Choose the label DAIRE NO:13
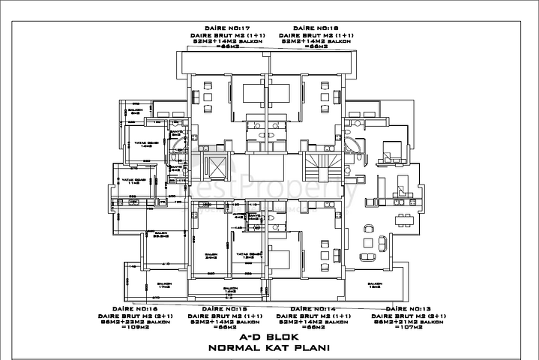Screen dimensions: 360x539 (x=409, y=309)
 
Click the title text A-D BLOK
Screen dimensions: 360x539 (x=269, y=337)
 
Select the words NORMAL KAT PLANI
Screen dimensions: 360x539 (x=269, y=349)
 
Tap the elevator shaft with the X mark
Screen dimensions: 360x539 (x=217, y=166)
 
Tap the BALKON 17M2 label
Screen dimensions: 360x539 (x=162, y=283)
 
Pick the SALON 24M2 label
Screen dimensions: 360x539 (x=211, y=256)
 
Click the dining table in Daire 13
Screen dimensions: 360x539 (x=403, y=217)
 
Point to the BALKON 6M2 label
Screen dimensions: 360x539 (x=136, y=110)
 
